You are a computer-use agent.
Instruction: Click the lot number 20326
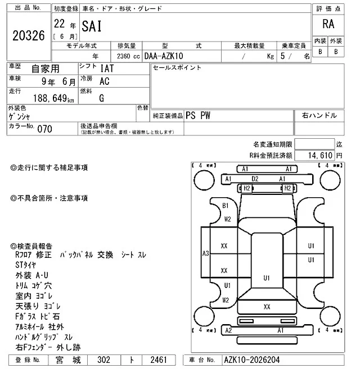coord(29,35)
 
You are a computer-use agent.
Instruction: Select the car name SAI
coord(92,26)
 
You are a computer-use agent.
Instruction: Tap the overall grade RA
coord(328,24)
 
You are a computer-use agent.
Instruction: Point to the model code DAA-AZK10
coord(164,56)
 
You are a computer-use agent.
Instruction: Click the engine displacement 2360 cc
coord(128,56)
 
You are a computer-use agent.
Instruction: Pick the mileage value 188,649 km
coord(53,98)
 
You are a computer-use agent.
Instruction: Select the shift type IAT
coord(107,69)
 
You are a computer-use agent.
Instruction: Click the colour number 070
coord(44,129)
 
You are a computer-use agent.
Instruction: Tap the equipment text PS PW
coord(198,116)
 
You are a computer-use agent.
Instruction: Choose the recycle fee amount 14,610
coord(320,155)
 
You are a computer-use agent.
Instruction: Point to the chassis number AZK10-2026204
coord(251,360)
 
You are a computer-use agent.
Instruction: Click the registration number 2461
coord(159,360)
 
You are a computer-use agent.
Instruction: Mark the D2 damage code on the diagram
coord(255,179)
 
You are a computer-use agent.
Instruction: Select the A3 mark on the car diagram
coord(206,253)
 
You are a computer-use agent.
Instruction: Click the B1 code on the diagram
coord(226,206)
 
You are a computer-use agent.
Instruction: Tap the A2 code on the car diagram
coord(228,330)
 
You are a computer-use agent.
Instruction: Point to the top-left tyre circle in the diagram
coord(204,180)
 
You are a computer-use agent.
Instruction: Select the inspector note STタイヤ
coord(26,265)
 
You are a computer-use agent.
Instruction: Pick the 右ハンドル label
coord(319,115)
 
